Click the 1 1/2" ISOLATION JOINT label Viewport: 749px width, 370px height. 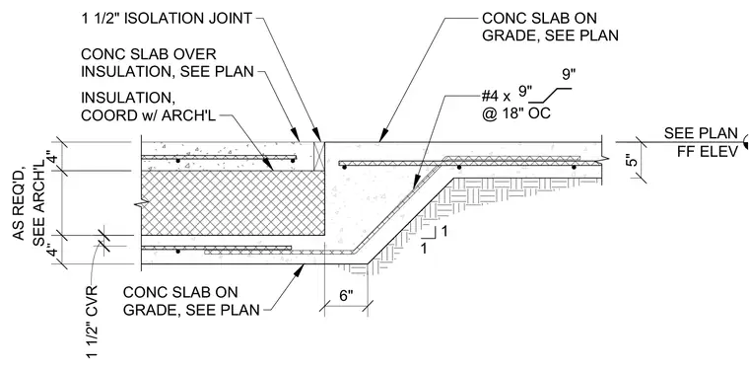(x=167, y=19)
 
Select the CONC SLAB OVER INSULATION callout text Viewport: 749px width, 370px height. (x=168, y=62)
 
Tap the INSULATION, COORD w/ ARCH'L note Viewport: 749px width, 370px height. (x=149, y=107)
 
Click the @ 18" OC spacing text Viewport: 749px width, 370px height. (x=516, y=113)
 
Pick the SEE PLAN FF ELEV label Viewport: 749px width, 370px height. (x=701, y=142)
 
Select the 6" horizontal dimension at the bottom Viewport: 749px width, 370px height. (x=345, y=295)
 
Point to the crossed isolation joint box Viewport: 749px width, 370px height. (x=318, y=156)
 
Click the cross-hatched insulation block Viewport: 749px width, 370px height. (x=234, y=203)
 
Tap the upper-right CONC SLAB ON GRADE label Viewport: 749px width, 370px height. (x=550, y=27)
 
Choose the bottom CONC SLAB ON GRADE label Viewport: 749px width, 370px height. (x=191, y=301)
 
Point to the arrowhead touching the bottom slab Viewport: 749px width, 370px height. (x=299, y=270)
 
